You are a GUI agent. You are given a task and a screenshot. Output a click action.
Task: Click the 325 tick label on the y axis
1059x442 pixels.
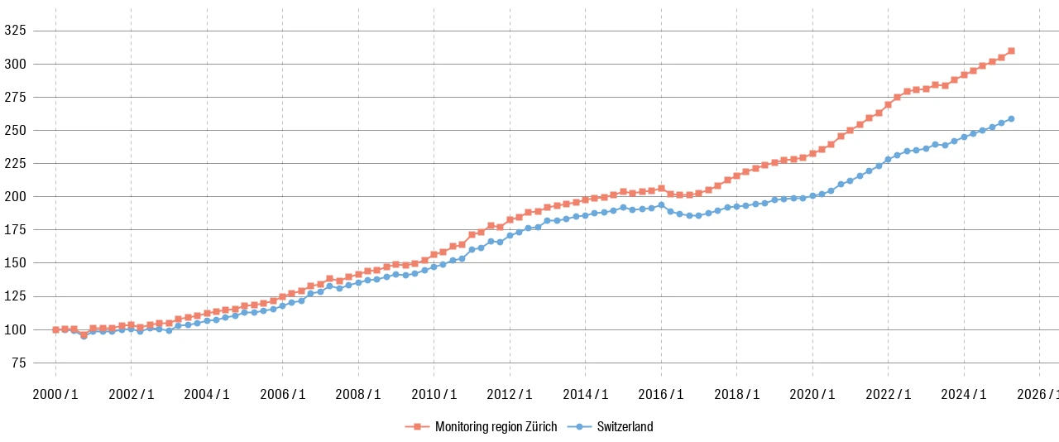(16, 31)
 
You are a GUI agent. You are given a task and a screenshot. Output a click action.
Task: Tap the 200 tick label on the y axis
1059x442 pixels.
(16, 196)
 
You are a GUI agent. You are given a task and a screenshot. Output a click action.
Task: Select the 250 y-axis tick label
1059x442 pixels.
(16, 130)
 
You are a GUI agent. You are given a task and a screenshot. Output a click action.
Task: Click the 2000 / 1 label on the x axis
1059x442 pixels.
(55, 394)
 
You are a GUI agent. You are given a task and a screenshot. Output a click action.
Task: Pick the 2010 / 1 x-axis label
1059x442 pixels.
(434, 394)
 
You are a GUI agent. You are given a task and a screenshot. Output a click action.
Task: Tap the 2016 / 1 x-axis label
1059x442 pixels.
(661, 394)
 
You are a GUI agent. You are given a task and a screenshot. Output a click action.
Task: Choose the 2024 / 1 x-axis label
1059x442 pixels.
(964, 394)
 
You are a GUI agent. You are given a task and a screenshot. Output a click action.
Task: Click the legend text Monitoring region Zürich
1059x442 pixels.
(496, 427)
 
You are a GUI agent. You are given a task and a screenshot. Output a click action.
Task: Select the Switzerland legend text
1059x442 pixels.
(625, 427)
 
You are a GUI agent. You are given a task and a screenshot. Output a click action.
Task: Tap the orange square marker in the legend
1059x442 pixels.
(417, 427)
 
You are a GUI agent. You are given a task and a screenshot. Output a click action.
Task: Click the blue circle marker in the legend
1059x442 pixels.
(579, 427)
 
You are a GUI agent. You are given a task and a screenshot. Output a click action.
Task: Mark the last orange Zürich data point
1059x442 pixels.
(1011, 50)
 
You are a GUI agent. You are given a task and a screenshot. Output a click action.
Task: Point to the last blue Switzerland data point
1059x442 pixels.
(1011, 118)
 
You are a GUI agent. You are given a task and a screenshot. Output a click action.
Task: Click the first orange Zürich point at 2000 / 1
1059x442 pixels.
(55, 329)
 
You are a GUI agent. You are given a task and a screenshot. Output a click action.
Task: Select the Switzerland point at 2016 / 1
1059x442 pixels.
(661, 204)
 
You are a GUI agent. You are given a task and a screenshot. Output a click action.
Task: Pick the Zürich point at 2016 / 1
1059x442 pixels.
(661, 189)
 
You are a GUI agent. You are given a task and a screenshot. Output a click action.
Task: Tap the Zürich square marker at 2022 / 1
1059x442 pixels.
(888, 104)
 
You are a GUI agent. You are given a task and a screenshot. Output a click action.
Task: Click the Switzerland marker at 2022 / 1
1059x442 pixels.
(888, 159)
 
